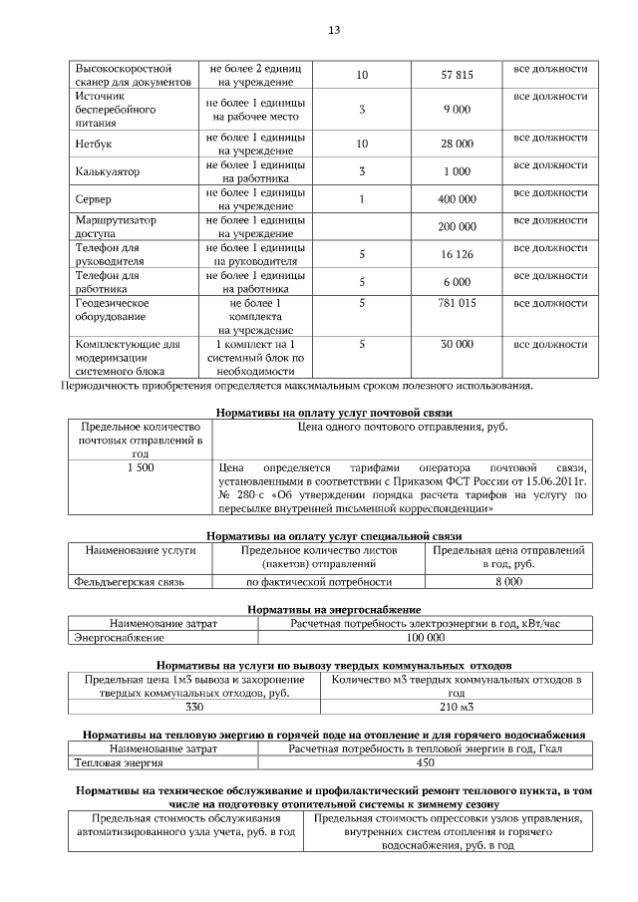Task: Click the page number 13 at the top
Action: (334, 30)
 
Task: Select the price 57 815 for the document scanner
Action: (457, 75)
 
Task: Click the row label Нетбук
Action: (92, 145)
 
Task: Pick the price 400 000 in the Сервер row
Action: (457, 199)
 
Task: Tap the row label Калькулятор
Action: (107, 171)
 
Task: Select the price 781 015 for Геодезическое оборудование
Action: (457, 302)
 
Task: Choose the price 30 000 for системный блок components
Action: (457, 344)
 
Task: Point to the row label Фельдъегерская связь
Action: (129, 581)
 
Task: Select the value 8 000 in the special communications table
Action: (508, 581)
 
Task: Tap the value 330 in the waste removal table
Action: (193, 708)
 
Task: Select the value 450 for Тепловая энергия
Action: (425, 763)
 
